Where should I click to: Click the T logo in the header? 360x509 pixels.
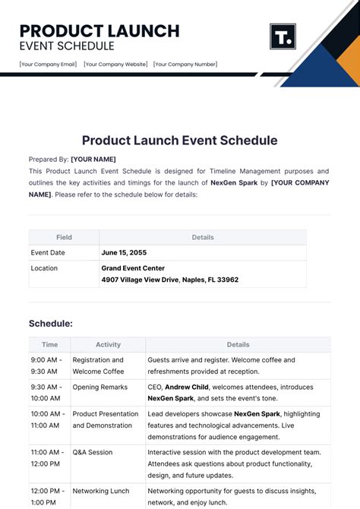point(283,36)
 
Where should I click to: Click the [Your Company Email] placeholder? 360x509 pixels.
point(47,65)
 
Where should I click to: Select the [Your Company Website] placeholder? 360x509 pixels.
point(115,65)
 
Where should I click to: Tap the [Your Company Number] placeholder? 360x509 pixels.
point(185,65)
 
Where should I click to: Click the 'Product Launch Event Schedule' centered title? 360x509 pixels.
point(179,140)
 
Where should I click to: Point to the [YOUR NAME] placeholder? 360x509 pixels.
point(93,160)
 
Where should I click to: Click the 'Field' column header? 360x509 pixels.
point(64,237)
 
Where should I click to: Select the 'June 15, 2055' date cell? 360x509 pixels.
point(124,253)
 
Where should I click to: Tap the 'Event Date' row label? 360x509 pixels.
point(48,253)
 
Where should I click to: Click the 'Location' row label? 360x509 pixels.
point(44,268)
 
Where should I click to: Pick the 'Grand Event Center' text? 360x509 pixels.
point(133,268)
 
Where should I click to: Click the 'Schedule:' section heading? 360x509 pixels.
point(51,324)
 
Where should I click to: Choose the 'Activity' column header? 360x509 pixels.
point(108,345)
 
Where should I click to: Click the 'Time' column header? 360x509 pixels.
point(49,345)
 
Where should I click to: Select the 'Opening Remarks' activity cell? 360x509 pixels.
point(100,387)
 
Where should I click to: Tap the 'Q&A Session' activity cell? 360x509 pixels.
point(93,452)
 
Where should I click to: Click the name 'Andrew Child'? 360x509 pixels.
point(189,387)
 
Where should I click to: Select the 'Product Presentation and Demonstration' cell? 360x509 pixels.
point(106,419)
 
